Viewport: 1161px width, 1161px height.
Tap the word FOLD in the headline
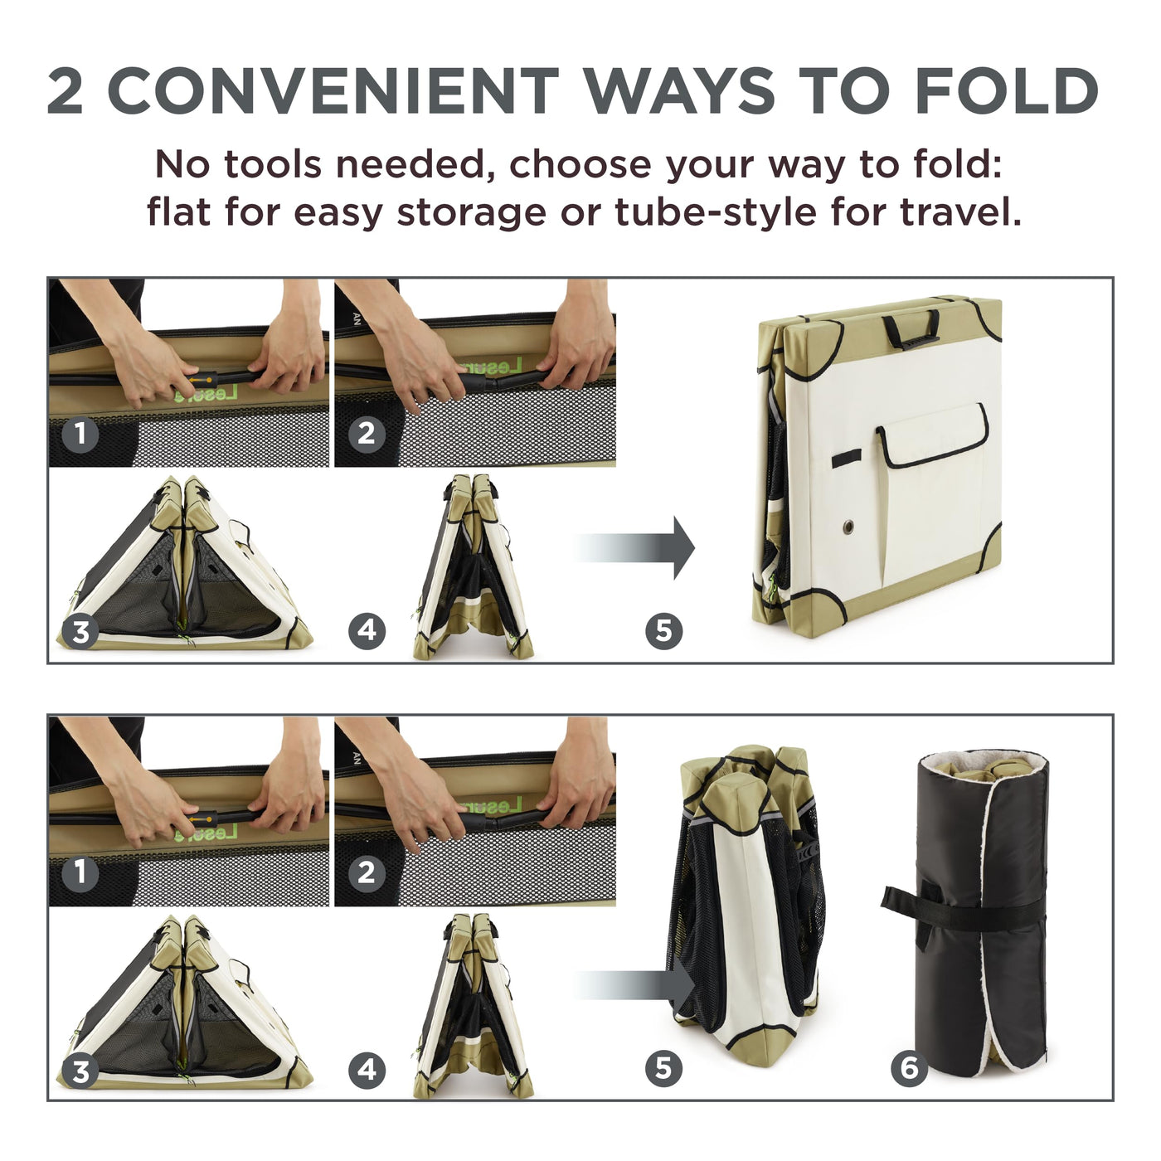1008,91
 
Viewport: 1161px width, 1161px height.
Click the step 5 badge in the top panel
663,631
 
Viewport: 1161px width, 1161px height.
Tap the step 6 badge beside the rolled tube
909,1068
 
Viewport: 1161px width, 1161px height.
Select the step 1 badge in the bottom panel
80,872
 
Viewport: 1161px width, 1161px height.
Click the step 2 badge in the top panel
367,433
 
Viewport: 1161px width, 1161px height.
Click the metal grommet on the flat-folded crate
848,527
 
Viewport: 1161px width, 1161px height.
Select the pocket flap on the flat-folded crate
931,435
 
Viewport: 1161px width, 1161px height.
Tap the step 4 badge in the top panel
367,631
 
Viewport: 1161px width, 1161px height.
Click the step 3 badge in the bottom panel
80,1071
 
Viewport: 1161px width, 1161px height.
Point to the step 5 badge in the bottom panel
663,1068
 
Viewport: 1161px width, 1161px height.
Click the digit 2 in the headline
65,91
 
